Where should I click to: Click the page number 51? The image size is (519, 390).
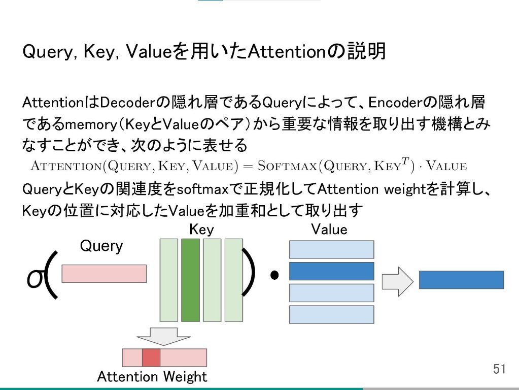500,369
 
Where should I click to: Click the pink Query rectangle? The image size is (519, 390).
104,274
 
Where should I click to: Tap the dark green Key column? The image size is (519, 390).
190,280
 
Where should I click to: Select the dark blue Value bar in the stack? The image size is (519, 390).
331,271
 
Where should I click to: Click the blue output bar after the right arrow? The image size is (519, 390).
461,280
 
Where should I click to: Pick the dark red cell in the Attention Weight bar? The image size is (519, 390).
151,357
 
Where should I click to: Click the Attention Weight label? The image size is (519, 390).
152,377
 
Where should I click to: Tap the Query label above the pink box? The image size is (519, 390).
101,246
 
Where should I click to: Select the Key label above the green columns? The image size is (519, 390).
201,230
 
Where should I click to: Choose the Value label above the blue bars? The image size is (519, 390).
329,230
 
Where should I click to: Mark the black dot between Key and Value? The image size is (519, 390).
275,276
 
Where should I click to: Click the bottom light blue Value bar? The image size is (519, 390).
331,314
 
